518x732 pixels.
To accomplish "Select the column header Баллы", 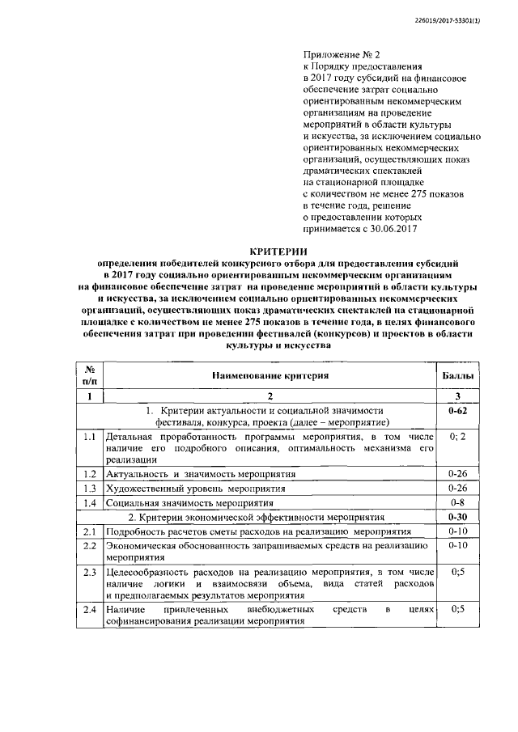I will click(458, 376).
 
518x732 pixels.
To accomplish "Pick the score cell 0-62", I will click(458, 411).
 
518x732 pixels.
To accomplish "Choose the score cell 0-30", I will click(458, 517).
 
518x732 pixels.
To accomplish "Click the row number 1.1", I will click(90, 437).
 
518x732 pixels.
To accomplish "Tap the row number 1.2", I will click(90, 473).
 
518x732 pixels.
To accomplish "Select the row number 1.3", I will click(90, 488).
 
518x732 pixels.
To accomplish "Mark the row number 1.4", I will click(90, 502).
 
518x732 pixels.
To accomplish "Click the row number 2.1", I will click(90, 531).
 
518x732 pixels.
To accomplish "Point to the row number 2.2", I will click(90, 546).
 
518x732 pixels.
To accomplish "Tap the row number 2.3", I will click(90, 573).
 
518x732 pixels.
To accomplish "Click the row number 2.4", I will click(90, 608).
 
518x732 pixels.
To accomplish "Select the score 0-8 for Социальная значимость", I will click(458, 502).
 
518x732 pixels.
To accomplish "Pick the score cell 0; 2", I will click(458, 437).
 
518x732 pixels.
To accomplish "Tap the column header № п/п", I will click(90, 376).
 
